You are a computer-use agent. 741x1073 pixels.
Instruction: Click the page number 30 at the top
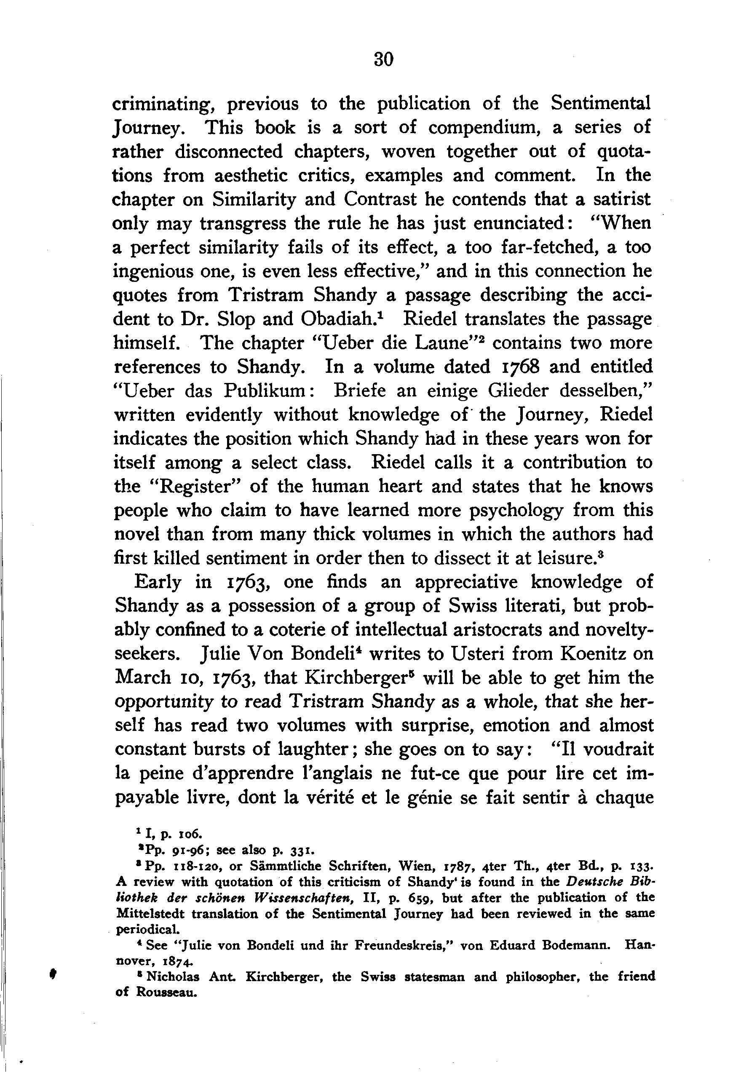[383, 59]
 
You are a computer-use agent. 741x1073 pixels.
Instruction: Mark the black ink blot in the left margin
[53, 976]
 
